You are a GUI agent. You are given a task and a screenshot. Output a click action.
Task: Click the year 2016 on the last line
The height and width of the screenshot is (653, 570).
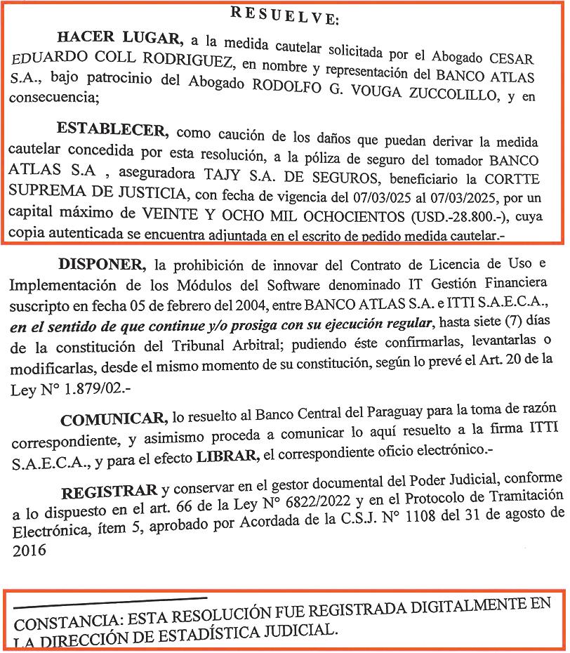[x=29, y=550]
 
